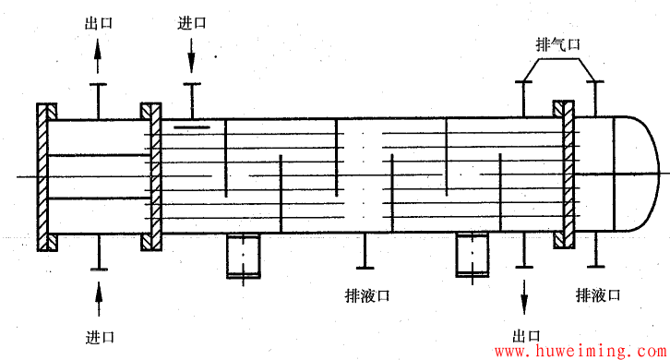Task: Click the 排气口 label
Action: coord(558,44)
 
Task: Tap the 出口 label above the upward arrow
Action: coord(98,24)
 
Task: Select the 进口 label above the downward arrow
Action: coord(192,24)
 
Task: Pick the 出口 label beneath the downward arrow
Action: coord(527,335)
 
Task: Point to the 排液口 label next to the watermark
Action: coord(598,294)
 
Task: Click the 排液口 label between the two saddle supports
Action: coord(365,295)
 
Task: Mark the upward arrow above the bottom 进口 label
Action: coord(98,294)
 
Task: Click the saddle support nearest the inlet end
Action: coord(245,256)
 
